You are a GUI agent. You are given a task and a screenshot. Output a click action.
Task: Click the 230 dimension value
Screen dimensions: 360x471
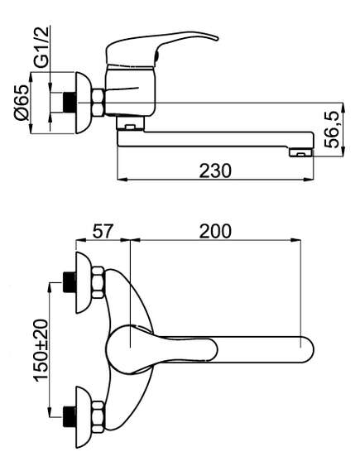[215, 171]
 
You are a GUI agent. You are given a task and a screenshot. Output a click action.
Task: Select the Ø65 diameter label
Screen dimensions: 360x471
[22, 103]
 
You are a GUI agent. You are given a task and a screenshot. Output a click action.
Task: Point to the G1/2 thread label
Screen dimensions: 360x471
[41, 47]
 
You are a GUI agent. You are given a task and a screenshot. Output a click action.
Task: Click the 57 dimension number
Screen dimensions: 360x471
[103, 231]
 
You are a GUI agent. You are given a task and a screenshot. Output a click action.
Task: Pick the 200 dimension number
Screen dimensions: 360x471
[215, 231]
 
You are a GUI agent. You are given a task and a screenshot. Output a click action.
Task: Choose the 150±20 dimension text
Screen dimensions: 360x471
[41, 350]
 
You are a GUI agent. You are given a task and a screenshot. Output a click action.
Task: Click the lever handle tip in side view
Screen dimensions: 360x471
[217, 38]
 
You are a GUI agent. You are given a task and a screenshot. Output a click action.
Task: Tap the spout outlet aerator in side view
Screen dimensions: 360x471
[301, 153]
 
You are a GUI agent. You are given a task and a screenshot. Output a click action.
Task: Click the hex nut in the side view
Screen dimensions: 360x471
[98, 103]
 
